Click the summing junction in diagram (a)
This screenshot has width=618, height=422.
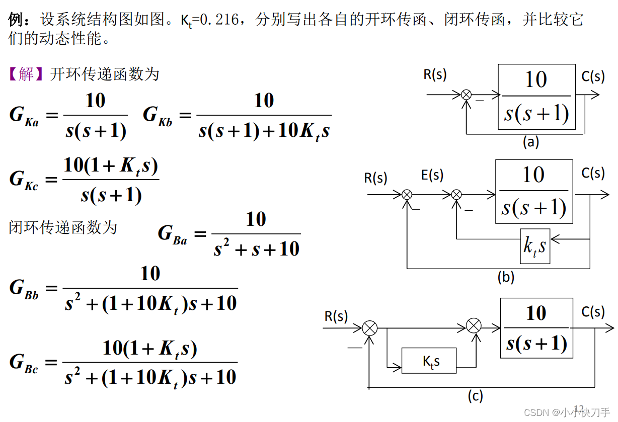(467, 95)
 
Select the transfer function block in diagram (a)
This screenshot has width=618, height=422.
(536, 97)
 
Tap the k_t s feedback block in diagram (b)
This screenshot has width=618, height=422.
(535, 246)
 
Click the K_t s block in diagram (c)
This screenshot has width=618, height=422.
(429, 361)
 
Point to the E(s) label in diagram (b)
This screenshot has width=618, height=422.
(432, 175)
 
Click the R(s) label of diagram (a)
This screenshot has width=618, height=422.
(435, 74)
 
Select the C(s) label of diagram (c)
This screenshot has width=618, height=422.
(593, 312)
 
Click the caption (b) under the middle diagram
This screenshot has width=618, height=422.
(506, 277)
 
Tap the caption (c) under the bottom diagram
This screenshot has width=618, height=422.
(475, 396)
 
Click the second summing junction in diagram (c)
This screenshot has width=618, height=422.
(474, 326)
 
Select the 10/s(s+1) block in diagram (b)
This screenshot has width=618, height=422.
(534, 191)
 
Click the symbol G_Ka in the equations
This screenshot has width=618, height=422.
(24, 116)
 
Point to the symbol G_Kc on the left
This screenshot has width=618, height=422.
(24, 180)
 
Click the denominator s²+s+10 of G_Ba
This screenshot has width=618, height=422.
(256, 248)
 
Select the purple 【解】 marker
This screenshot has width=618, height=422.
(27, 74)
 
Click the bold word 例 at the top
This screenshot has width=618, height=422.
(16, 20)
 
